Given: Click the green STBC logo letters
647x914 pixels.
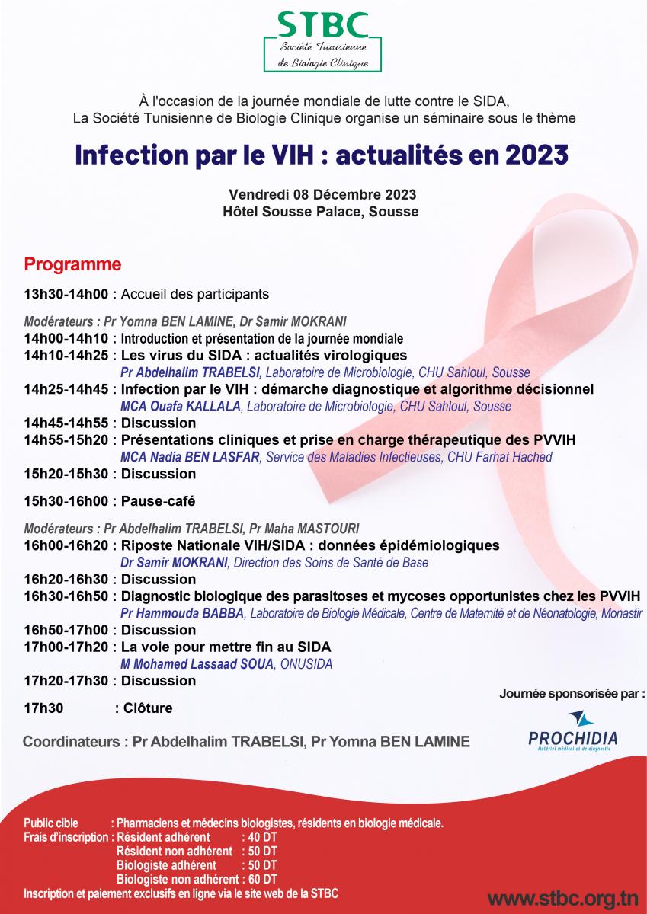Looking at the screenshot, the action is (323, 25).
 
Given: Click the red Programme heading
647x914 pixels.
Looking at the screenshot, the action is (72, 264).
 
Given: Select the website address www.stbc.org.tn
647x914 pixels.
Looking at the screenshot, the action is (563, 898).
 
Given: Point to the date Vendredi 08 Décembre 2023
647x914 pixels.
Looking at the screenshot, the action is (322, 194).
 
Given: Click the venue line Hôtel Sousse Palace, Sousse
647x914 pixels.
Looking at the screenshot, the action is (320, 212).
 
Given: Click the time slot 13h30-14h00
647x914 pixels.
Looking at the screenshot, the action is (66, 294).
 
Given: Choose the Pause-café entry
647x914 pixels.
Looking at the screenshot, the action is (158, 501).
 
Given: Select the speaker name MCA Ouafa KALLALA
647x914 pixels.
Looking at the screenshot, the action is (181, 407).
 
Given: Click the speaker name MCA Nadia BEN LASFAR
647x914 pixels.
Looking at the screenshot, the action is (190, 457).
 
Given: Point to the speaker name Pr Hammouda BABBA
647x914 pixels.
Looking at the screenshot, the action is (182, 613).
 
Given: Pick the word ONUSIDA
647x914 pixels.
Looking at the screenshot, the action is (306, 664).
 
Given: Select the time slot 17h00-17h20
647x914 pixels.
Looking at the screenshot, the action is (66, 647).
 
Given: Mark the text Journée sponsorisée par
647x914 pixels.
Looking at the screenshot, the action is (569, 693).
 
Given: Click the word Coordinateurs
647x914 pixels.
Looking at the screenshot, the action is (71, 741).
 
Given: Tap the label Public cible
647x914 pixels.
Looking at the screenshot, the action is (51, 823).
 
